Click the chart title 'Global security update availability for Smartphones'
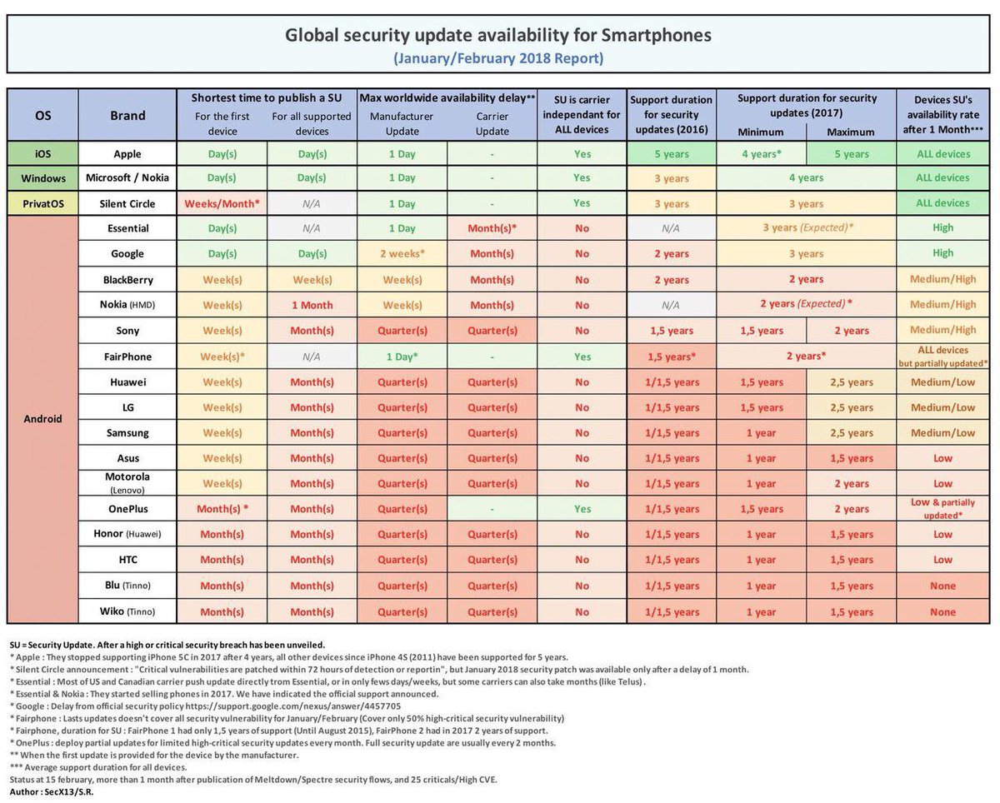(498, 36)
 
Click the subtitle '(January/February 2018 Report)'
(498, 58)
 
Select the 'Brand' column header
(127, 116)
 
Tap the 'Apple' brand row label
(127, 154)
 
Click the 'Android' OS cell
(42, 419)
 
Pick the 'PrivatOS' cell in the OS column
(42, 203)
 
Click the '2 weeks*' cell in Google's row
(402, 253)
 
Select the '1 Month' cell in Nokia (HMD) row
(312, 305)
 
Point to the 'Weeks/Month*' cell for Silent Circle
(222, 203)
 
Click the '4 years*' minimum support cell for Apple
(762, 154)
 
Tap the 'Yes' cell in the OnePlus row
(582, 509)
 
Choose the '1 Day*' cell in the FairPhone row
(402, 357)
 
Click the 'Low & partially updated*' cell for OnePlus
(942, 509)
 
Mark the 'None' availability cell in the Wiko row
(942, 611)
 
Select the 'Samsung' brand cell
(127, 432)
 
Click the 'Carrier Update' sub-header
(492, 124)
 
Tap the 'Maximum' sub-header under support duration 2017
(851, 132)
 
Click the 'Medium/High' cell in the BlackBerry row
(942, 279)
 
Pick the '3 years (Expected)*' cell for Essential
(806, 227)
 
